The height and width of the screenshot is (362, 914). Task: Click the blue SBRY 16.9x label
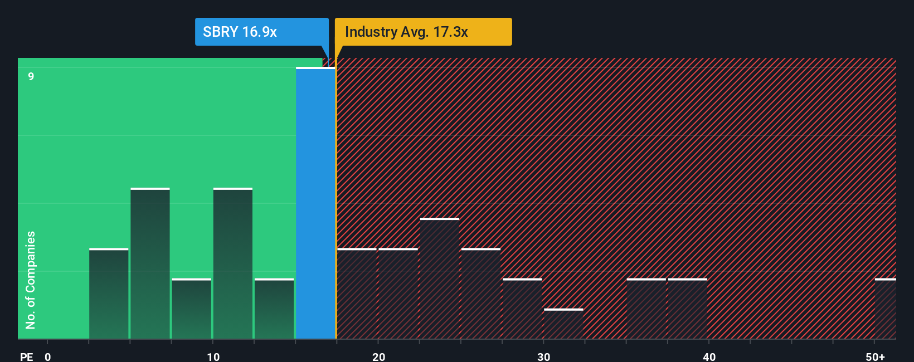pos(261,32)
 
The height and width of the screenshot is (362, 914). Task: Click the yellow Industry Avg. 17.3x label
pos(422,32)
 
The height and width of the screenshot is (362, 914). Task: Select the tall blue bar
pos(315,203)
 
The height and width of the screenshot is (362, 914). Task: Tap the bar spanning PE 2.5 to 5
pos(109,293)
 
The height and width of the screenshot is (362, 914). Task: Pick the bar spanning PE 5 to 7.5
pos(150,263)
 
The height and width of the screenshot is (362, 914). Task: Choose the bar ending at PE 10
pos(191,309)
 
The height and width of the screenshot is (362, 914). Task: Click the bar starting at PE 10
pos(233,263)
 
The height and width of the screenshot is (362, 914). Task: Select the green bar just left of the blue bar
pos(274,309)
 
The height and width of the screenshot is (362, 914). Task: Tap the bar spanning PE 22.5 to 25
pos(440,278)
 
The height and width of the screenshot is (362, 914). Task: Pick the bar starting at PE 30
pos(563,324)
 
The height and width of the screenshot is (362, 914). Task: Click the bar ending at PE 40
pos(688,309)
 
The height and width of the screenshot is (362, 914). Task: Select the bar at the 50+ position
pos(885,309)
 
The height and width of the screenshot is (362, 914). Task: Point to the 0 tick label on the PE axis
pos(48,357)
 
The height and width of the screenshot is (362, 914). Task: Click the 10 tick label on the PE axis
pos(213,357)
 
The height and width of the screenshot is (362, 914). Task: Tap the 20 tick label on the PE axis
pos(378,357)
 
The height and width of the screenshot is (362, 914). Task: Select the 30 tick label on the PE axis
pos(543,357)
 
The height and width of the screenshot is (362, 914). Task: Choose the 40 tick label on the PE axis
pos(709,357)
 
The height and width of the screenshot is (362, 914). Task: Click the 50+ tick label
pos(875,357)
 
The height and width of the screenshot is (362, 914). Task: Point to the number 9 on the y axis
pos(31,76)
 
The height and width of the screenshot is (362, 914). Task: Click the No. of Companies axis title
pos(31,280)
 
